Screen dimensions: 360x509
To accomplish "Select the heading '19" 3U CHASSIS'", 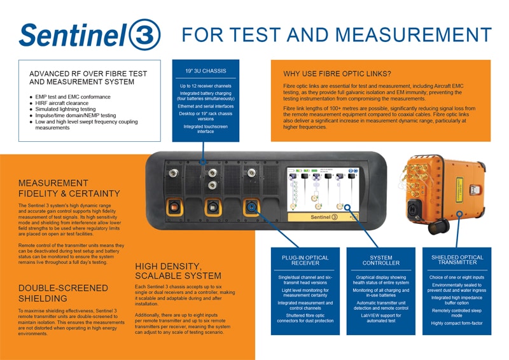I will [206, 71].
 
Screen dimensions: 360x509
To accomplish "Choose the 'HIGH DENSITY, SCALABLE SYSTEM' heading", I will [178, 271].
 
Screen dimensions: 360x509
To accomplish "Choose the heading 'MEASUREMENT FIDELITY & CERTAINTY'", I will [69, 188].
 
